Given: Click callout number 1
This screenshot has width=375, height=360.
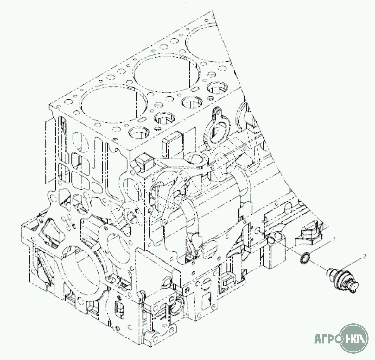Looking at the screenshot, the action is pyautogui.click(x=335, y=239).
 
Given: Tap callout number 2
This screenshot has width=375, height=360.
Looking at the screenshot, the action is pyautogui.click(x=365, y=256).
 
